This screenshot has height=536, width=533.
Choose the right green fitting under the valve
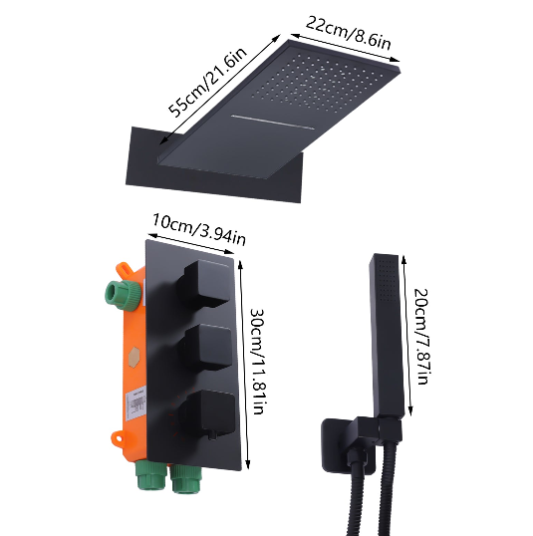pos(186,481)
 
